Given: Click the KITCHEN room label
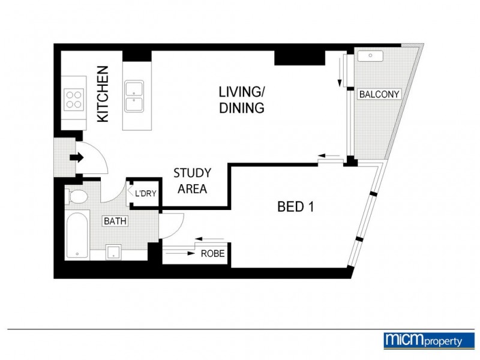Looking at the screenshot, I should pyautogui.click(x=103, y=94).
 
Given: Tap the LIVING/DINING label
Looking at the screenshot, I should pyautogui.click(x=241, y=100).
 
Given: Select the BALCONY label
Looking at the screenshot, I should pyautogui.click(x=379, y=94).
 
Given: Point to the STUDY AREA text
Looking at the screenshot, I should pyautogui.click(x=192, y=181).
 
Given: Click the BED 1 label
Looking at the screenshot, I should pyautogui.click(x=296, y=208).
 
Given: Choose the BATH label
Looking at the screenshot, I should pyautogui.click(x=115, y=221).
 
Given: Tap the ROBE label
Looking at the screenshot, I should pyautogui.click(x=213, y=254).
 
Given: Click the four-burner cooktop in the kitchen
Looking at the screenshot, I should pyautogui.click(x=74, y=99).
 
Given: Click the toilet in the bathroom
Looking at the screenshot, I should pyautogui.click(x=76, y=196).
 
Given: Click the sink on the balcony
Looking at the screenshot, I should pyautogui.click(x=370, y=56).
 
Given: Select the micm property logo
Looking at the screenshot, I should pyautogui.click(x=424, y=340).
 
